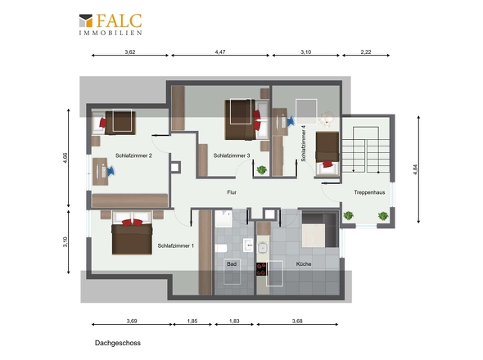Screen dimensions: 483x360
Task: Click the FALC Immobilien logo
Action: click(x=111, y=24)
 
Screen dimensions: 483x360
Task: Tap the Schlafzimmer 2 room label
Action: click(x=133, y=155)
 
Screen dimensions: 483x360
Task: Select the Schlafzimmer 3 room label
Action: click(x=232, y=155)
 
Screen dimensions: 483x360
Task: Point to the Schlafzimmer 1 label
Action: click(x=175, y=245)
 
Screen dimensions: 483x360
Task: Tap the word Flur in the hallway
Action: click(x=232, y=192)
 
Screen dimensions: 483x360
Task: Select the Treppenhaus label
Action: click(x=369, y=192)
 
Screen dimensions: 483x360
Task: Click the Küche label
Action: click(x=304, y=264)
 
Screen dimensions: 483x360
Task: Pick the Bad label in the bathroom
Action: click(x=232, y=264)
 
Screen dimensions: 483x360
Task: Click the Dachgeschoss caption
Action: click(x=118, y=343)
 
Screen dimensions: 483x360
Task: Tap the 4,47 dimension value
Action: click(x=220, y=52)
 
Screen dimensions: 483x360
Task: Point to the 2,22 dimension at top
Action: click(x=366, y=52)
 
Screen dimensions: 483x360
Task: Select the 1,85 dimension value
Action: click(x=192, y=321)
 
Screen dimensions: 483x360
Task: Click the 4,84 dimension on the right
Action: click(x=415, y=169)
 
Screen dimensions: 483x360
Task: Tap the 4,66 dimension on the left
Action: click(x=65, y=158)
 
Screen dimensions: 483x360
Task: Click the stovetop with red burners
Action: click(x=261, y=269)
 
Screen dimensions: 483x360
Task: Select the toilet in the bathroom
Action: click(x=221, y=248)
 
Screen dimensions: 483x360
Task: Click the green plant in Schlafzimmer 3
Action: click(x=261, y=169)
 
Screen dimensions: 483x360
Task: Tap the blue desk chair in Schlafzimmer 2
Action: click(x=111, y=171)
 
